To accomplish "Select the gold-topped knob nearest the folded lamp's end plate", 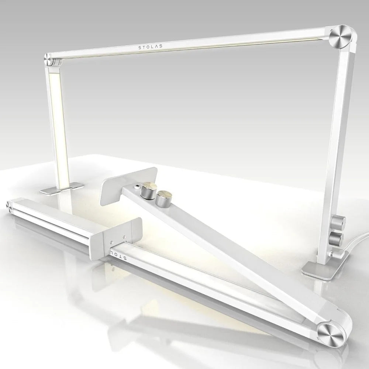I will [x=150, y=190].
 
